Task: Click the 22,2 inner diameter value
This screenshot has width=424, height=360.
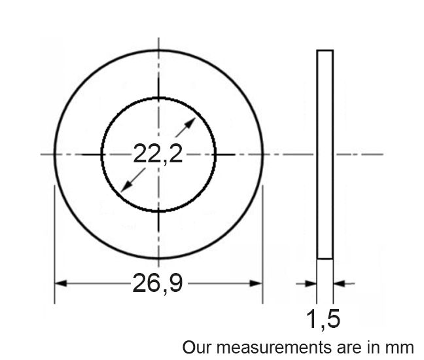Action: (158, 154)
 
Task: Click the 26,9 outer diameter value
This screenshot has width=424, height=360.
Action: (158, 283)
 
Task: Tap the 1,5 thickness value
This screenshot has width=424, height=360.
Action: (323, 319)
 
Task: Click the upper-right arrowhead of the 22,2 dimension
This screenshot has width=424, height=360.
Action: (190, 123)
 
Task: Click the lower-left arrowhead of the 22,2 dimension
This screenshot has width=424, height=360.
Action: (126, 186)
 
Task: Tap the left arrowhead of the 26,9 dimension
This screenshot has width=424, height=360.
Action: (61, 283)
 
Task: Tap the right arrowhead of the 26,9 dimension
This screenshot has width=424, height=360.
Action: (256, 283)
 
